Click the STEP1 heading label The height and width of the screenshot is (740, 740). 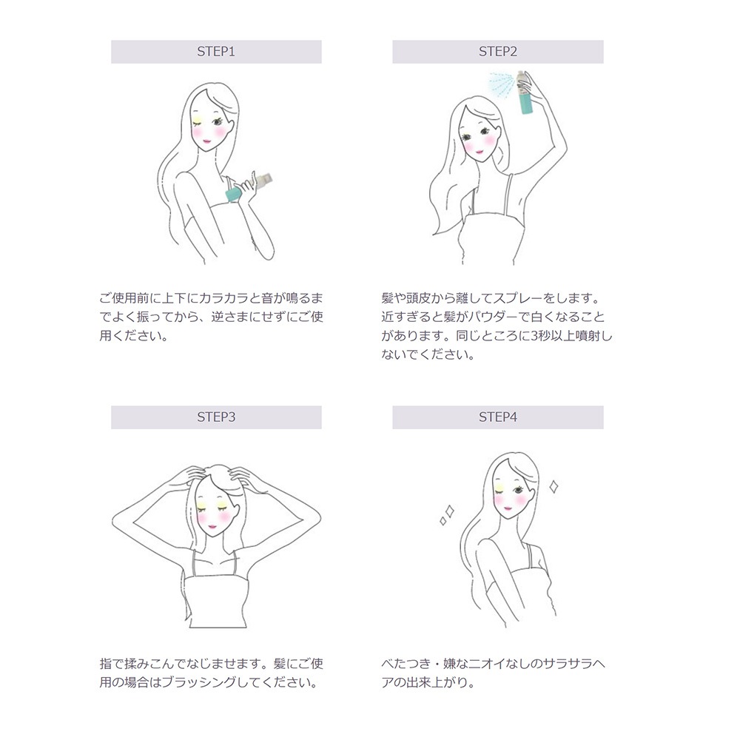coord(215,52)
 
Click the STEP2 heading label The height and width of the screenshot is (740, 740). coord(497,52)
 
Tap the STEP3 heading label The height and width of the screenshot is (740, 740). coord(215,417)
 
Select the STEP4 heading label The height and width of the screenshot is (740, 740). coord(497,417)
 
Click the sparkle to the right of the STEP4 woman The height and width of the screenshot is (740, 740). coord(552,486)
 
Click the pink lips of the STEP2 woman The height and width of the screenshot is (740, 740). coord(478,151)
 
